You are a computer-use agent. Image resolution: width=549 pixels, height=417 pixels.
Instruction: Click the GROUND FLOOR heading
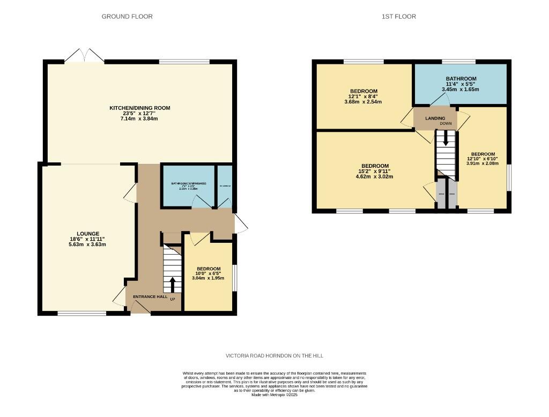point(127,17)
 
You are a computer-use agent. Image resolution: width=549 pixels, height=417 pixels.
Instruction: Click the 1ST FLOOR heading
point(398,17)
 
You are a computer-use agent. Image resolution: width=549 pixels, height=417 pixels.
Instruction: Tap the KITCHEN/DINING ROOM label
point(140,108)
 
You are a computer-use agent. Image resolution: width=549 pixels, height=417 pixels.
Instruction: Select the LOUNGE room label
point(88,234)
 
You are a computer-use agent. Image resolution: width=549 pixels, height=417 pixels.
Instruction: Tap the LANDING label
point(435,118)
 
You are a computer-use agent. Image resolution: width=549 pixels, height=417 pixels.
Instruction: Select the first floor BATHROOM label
point(461,79)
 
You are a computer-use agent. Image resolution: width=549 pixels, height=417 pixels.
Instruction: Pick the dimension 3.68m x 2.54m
point(363,102)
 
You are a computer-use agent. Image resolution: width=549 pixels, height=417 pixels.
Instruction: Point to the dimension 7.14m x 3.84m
point(140,118)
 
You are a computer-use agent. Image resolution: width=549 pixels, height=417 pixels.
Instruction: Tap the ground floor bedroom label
point(208,269)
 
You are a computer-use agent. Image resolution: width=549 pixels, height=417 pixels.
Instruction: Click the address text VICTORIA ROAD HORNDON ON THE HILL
point(274,356)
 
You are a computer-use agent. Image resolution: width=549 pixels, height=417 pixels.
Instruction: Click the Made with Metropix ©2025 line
point(274,395)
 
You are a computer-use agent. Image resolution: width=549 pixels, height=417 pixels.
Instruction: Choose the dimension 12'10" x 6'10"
point(483,159)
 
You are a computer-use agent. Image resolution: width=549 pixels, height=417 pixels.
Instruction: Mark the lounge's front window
point(78,313)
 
